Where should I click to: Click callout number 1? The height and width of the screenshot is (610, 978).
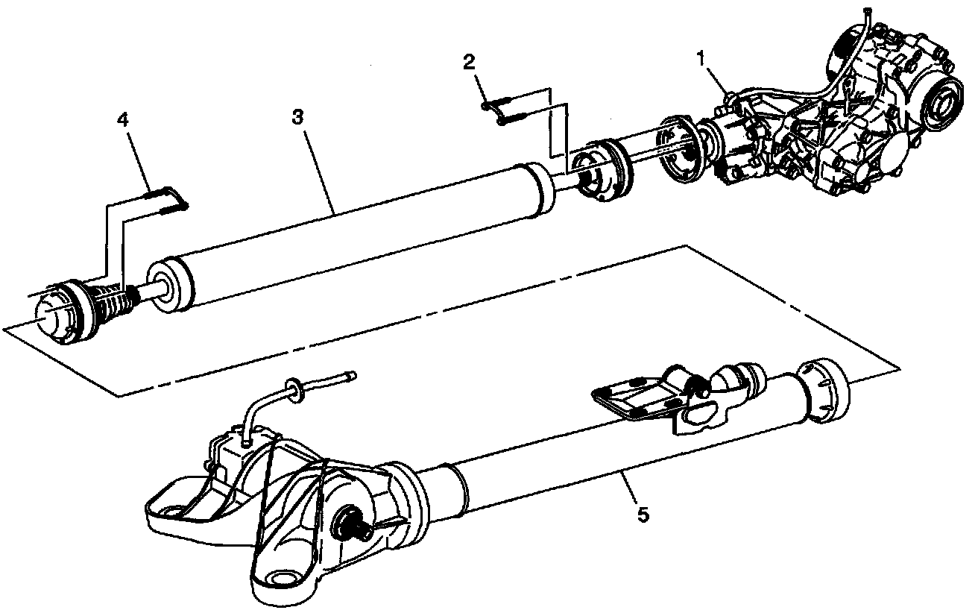[701, 59]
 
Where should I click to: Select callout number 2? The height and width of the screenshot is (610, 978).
[469, 63]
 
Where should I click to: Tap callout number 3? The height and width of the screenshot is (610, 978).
[297, 117]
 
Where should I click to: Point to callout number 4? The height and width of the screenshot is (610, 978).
[123, 119]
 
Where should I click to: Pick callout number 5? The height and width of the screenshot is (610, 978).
[643, 515]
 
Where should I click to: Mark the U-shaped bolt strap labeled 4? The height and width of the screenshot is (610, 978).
[168, 200]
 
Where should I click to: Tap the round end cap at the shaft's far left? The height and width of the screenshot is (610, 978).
[54, 318]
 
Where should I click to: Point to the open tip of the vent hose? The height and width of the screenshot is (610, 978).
[352, 376]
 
